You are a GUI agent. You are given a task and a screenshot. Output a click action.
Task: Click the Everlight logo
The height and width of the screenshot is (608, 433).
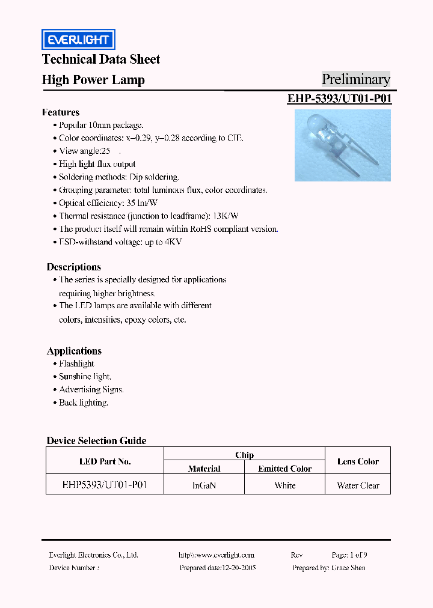click(x=78, y=40)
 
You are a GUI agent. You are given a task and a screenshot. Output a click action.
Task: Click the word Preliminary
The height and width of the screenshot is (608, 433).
click(x=355, y=79)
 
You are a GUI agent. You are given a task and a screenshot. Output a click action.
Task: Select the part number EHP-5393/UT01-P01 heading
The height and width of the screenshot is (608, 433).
click(x=339, y=99)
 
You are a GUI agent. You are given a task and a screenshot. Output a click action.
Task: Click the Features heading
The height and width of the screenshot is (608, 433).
click(x=61, y=112)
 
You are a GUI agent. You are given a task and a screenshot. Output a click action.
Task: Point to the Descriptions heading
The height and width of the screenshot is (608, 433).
click(x=74, y=267)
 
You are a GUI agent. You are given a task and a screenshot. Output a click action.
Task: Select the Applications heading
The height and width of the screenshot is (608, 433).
click(x=74, y=351)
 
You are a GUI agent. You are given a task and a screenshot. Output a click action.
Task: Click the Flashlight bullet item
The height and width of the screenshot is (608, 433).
click(x=76, y=363)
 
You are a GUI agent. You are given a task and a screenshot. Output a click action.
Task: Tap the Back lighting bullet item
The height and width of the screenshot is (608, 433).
click(x=83, y=403)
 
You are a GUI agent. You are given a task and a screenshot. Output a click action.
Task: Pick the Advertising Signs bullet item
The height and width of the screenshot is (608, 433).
click(x=91, y=389)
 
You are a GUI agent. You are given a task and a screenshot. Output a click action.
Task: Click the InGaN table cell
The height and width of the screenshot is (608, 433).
click(x=204, y=485)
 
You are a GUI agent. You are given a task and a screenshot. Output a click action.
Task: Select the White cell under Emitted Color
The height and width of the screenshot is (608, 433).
click(x=284, y=485)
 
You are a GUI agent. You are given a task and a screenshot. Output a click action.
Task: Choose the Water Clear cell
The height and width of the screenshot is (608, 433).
click(x=358, y=485)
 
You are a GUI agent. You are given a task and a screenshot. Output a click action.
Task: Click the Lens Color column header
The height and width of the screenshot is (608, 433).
click(x=358, y=461)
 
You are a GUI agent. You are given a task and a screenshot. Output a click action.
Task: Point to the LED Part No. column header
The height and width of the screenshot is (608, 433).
click(x=105, y=461)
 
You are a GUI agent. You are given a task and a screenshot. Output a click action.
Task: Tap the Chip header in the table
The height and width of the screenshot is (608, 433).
click(x=244, y=455)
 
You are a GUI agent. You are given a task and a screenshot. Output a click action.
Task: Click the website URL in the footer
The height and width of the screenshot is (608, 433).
click(x=216, y=555)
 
